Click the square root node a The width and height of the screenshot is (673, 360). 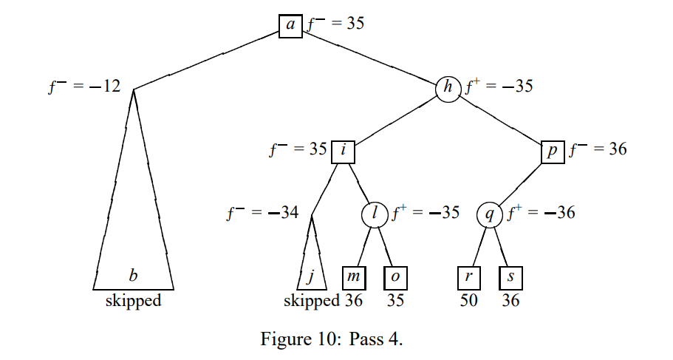[x=290, y=25]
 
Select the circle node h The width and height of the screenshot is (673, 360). [x=448, y=87]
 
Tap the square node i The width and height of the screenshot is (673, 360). [x=344, y=149]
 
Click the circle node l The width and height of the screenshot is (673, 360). [x=375, y=214]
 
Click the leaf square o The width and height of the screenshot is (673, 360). [x=395, y=277]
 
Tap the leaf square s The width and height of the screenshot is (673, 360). [x=510, y=277]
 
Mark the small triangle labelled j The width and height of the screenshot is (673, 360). [x=311, y=266]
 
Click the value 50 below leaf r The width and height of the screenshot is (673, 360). [x=469, y=301]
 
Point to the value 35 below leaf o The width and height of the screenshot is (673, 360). [x=395, y=301]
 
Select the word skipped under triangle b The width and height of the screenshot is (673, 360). [x=133, y=301]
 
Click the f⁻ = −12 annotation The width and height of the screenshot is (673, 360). [x=84, y=86]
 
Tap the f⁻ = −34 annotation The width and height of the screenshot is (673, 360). [x=262, y=214]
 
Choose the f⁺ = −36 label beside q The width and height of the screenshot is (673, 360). [x=540, y=214]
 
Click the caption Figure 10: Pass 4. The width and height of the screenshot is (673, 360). [x=332, y=339]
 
